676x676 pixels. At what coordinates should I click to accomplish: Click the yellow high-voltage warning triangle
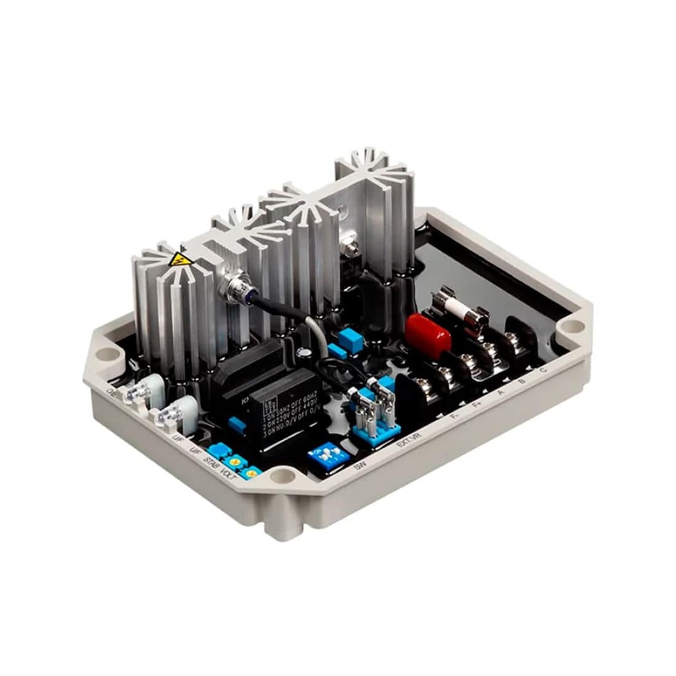click(x=179, y=259)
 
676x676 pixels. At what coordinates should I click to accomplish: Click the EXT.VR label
click(x=408, y=441)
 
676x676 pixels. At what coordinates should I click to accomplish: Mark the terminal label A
click(x=500, y=395)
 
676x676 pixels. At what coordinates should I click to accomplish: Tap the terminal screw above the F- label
click(x=444, y=376)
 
